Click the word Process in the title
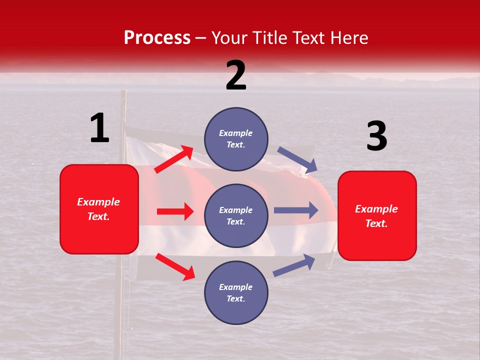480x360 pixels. click(157, 37)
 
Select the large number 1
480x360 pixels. click(99, 128)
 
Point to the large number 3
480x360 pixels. click(376, 136)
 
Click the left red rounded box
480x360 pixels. click(99, 209)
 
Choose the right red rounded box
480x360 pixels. click(377, 216)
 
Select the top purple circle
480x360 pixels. click(236, 139)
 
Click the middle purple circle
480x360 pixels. click(236, 215)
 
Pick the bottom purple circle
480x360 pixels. click(236, 292)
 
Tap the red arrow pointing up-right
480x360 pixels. click(174, 159)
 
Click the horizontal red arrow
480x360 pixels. click(175, 211)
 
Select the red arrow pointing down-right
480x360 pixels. click(175, 266)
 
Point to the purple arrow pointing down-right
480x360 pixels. click(297, 160)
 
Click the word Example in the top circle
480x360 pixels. click(236, 133)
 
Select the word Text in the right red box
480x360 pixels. click(376, 223)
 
